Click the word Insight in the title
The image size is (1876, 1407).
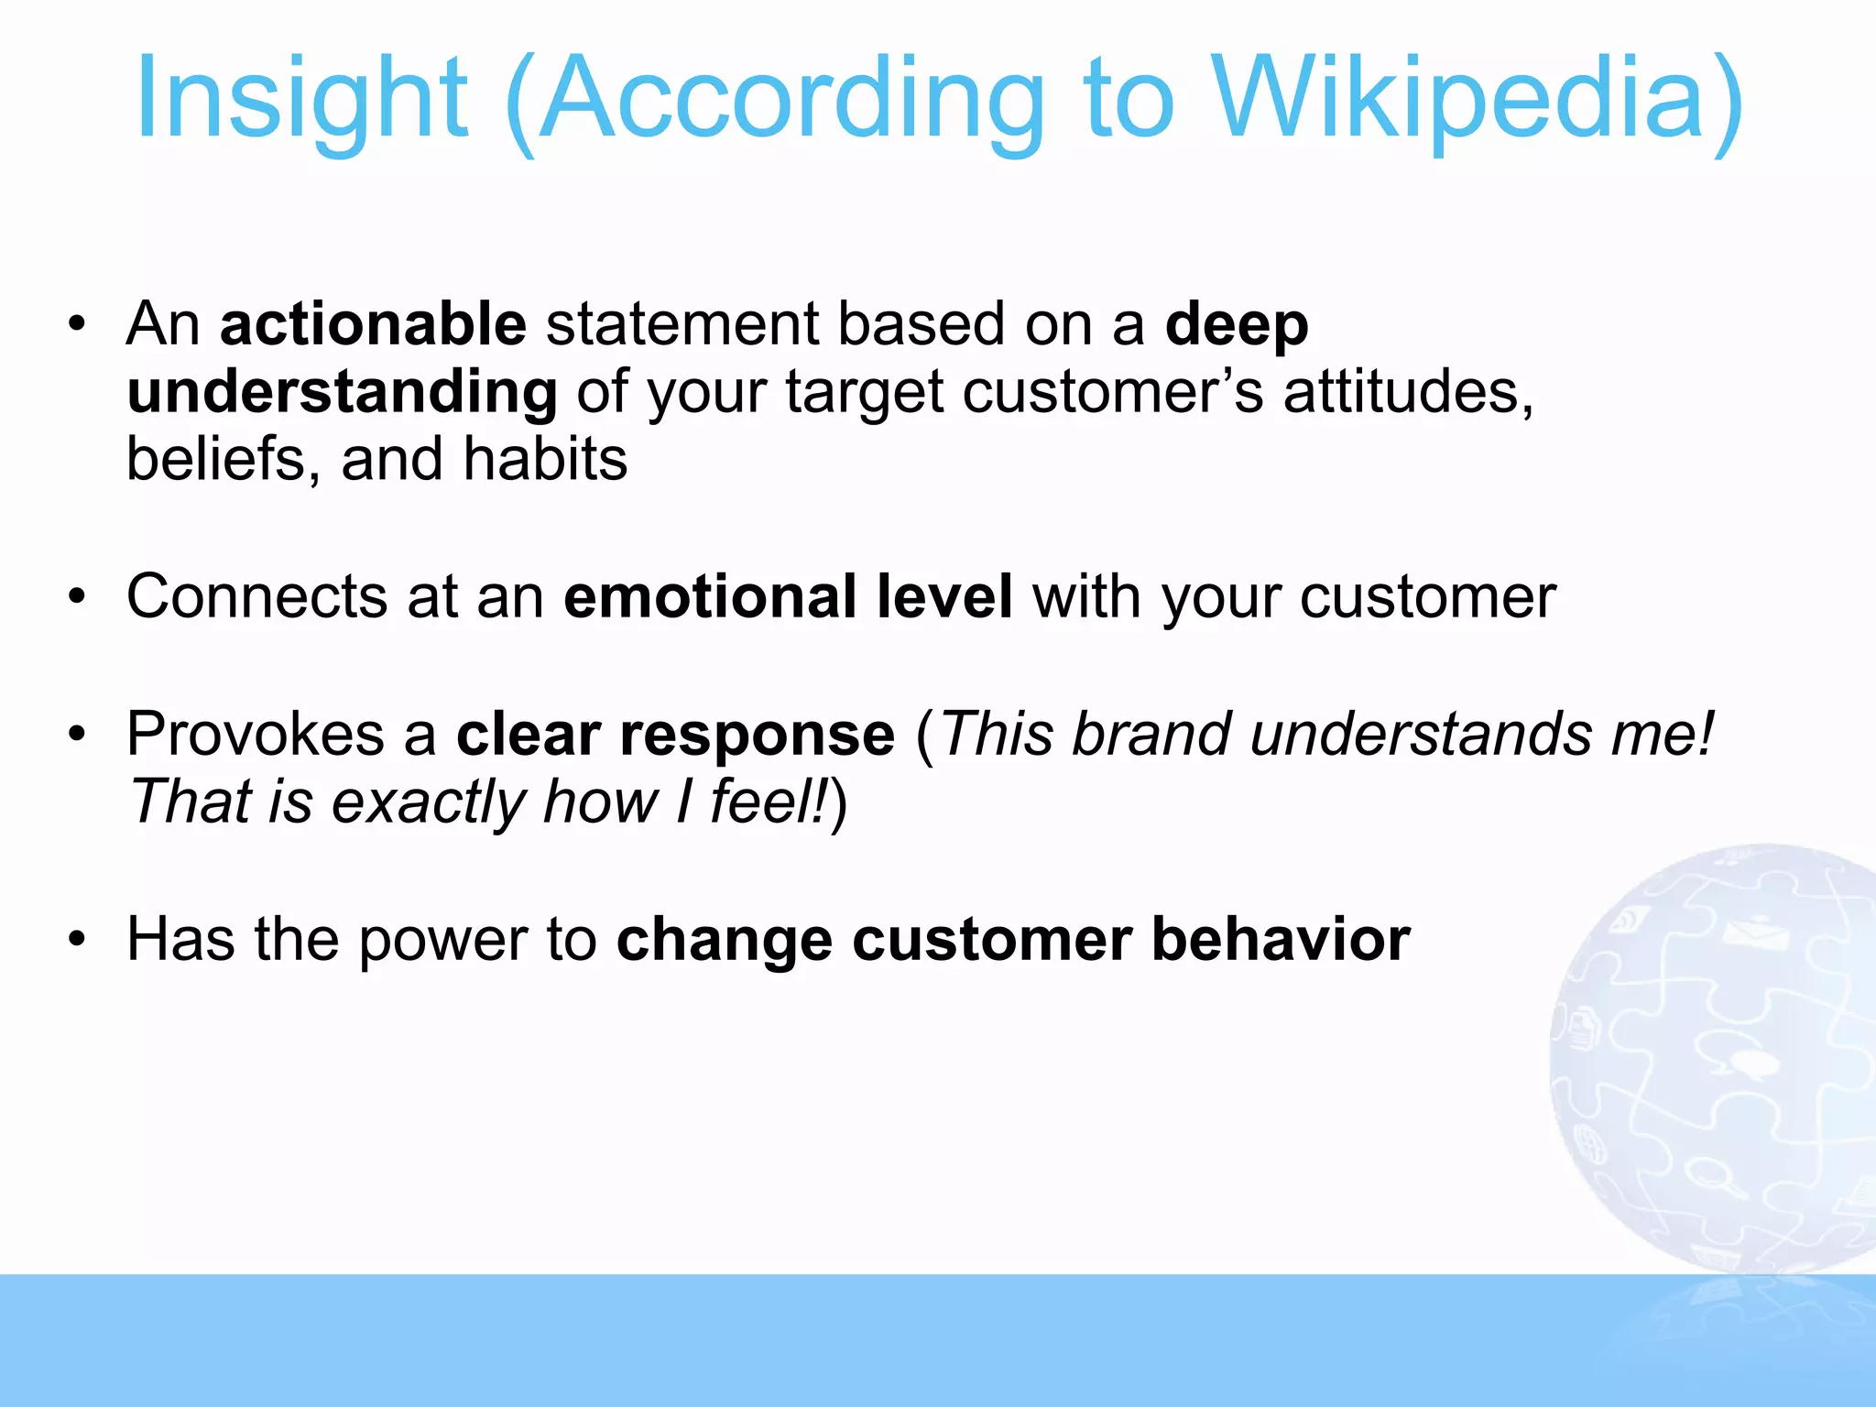coord(302,99)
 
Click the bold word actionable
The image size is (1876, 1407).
coord(373,324)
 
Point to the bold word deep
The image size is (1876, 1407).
coord(1236,324)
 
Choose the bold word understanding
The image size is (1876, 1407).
coord(342,392)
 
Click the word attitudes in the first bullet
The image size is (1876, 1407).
coord(1407,392)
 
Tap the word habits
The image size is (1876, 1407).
coord(545,459)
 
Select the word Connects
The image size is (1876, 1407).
coord(256,596)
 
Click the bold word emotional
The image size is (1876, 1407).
coord(710,596)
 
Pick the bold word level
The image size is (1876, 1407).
coord(943,596)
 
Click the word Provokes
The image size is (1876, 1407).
coord(256,734)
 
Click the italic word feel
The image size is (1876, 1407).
coord(765,802)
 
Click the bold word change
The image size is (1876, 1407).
coord(725,940)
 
